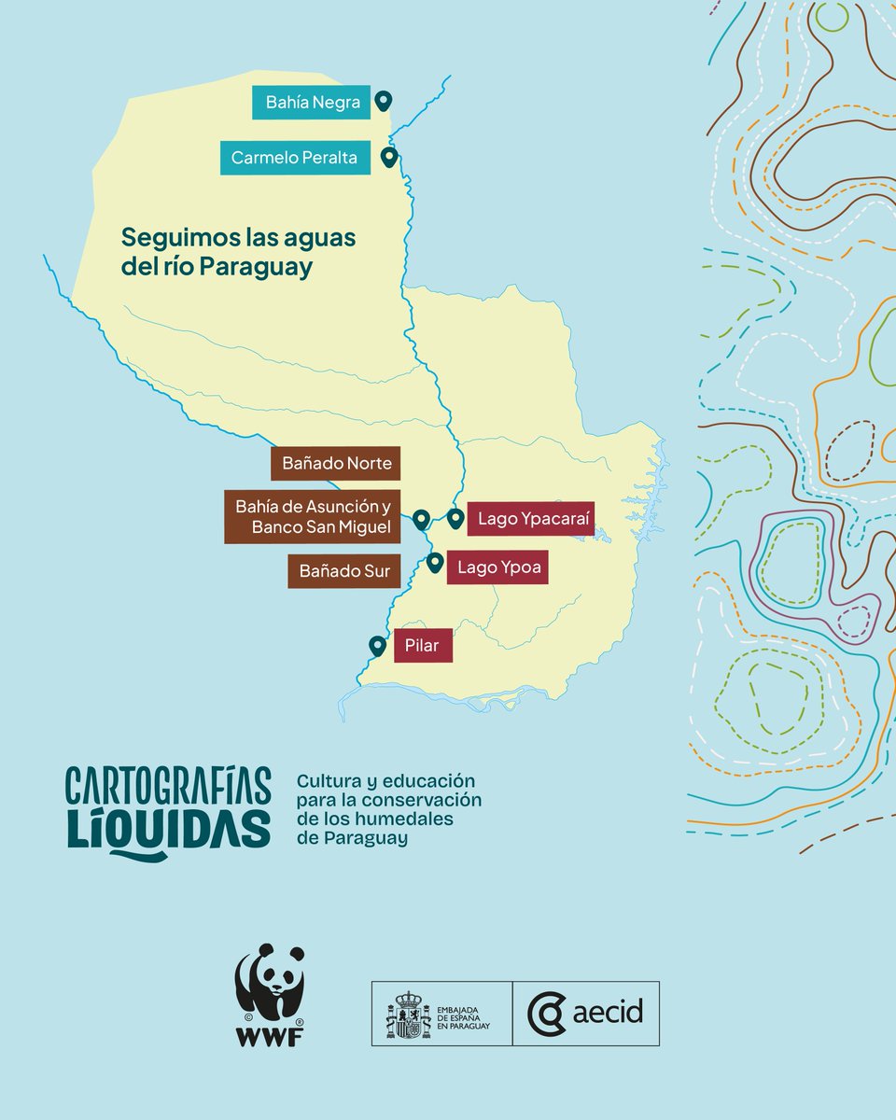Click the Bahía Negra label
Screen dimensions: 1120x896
click(312, 103)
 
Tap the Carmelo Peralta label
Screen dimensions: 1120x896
click(294, 158)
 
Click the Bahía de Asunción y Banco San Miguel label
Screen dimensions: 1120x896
click(312, 516)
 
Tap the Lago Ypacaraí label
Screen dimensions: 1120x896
click(534, 518)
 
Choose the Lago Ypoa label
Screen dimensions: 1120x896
click(497, 567)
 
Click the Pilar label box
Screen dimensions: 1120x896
click(422, 645)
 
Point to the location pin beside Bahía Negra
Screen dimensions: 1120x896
click(382, 101)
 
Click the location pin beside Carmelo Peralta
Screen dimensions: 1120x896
click(389, 157)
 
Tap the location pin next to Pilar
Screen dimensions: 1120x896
click(377, 646)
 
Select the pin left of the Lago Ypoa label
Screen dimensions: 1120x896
click(435, 562)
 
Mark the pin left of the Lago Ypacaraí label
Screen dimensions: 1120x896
click(455, 518)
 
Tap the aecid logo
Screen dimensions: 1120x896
click(585, 1013)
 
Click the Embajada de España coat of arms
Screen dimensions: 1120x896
click(408, 1014)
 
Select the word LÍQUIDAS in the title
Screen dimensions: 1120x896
click(168, 830)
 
